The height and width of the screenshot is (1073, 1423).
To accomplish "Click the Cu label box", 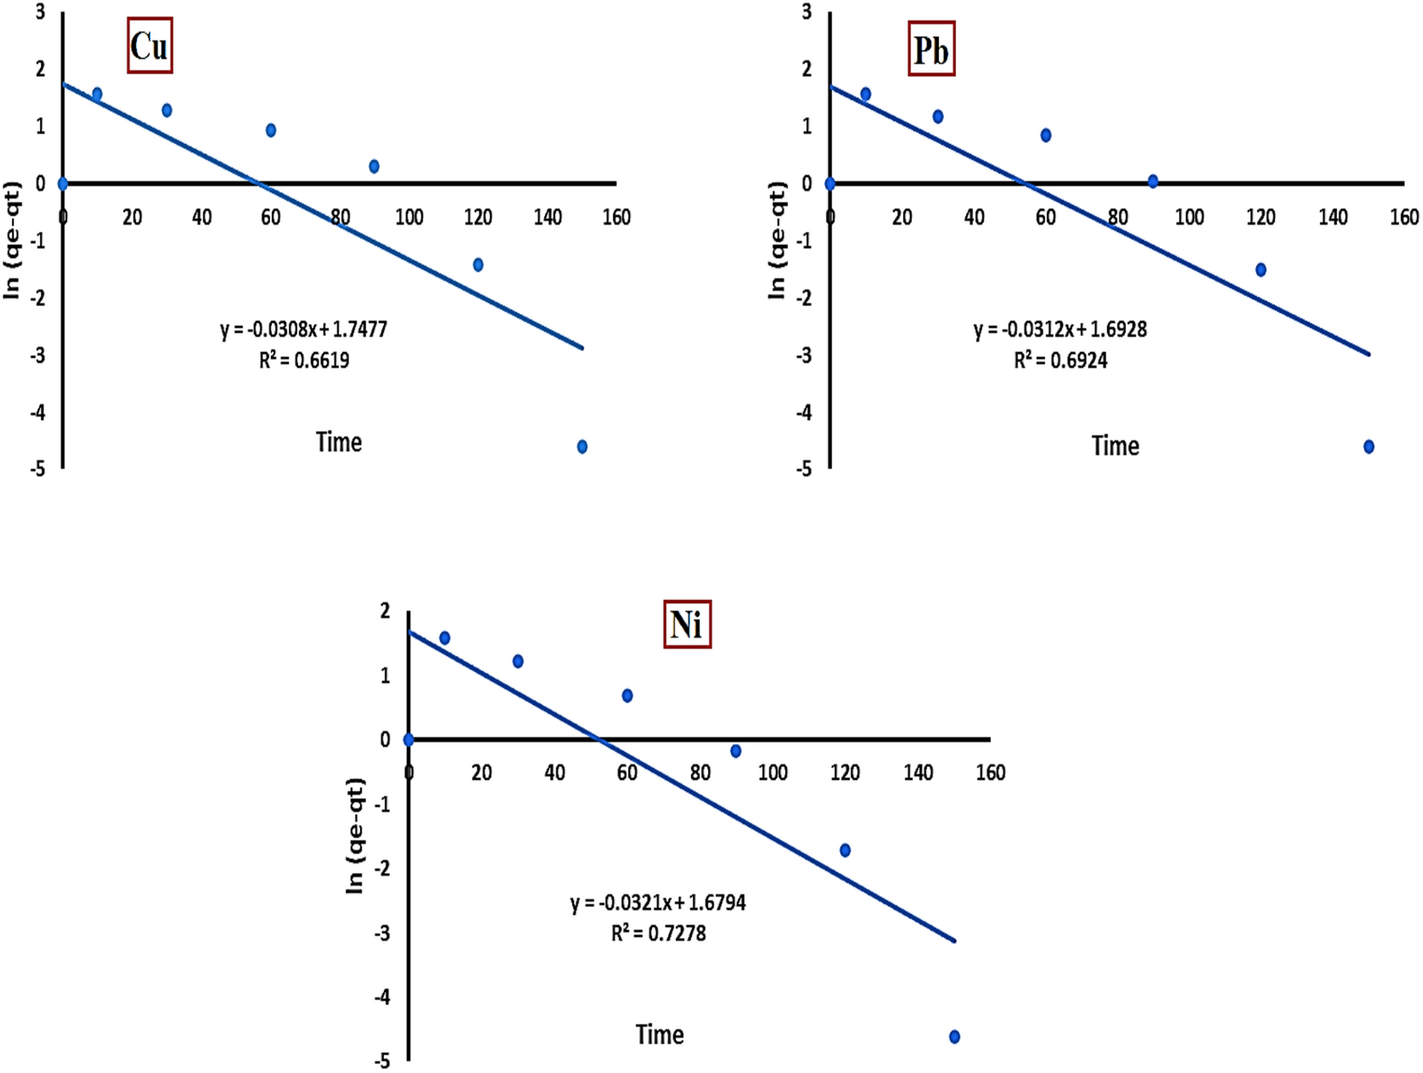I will coord(150,46).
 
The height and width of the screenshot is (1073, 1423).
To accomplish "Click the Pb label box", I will coord(931,49).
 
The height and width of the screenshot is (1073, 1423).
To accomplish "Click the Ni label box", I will coord(687,624).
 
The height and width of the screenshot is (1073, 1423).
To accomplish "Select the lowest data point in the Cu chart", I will coord(582,446).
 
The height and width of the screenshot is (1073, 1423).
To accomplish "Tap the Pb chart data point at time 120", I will coord(1261,270).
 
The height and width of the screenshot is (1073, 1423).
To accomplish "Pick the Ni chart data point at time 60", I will coord(627,695).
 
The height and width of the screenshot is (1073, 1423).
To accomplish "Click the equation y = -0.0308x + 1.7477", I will coord(304,329).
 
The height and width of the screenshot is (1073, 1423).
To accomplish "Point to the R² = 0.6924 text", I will coord(1061,361).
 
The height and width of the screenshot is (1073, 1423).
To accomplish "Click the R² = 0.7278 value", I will coord(658,933).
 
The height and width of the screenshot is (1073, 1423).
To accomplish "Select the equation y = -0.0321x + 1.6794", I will coord(658,903).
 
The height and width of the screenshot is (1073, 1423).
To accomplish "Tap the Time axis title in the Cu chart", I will coord(339,442).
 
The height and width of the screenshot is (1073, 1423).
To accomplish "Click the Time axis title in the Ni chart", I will coord(660,1035).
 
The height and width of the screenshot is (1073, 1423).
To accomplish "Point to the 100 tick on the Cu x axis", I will coord(409,217).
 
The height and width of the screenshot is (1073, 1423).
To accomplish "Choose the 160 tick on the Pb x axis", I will coord(1404,217).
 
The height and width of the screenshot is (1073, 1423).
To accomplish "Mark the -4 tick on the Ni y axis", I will coord(383,997).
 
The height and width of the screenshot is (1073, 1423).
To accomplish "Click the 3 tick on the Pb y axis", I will coord(807,12).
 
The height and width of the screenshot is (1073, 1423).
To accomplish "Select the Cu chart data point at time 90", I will coord(374,166).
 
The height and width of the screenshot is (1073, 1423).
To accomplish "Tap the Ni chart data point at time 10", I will coord(445,638).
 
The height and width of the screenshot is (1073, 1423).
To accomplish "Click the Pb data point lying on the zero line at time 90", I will coord(1153,181).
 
